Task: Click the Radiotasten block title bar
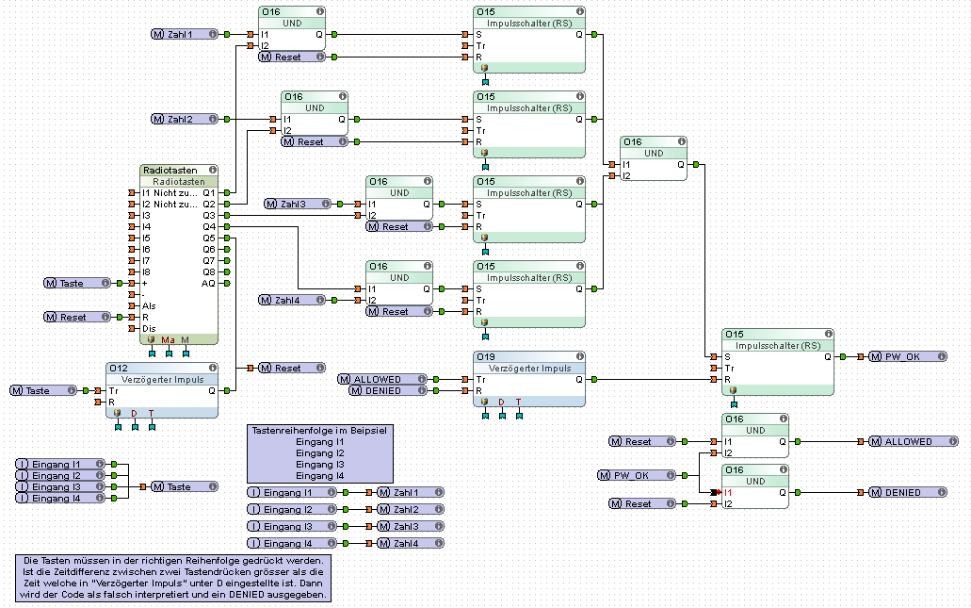179,171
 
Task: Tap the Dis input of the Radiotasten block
133,328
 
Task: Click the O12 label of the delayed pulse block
119,369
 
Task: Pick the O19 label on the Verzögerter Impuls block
486,357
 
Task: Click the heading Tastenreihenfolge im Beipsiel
319,430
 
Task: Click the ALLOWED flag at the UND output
907,441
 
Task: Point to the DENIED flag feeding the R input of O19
381,390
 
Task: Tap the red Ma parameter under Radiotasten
168,339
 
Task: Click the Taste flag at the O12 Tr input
38,390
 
